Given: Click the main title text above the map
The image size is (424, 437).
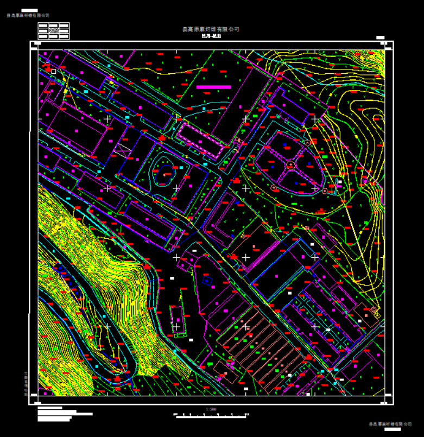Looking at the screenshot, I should tap(212, 29).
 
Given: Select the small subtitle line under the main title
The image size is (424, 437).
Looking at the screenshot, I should tap(212, 36).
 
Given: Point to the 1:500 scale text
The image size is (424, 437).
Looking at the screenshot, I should tap(211, 409).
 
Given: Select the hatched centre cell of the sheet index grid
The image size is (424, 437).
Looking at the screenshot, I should tap(54, 31).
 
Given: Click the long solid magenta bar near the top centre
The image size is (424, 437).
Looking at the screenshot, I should tap(213, 87).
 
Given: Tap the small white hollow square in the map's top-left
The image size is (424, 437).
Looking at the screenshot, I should tap(54, 71).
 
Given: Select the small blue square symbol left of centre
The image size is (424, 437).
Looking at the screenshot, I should tap(206, 280).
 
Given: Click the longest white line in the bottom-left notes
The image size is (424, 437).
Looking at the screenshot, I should tap(65, 414).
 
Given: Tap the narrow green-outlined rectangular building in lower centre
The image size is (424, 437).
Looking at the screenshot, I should tap(177, 319).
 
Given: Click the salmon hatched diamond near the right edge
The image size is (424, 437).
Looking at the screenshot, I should tap(375, 311).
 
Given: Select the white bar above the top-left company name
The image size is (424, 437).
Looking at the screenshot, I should tap(29, 10).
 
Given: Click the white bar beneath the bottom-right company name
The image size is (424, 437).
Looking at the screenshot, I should tap(391, 428).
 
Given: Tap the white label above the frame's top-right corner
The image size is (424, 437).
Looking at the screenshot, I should tap(380, 37).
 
